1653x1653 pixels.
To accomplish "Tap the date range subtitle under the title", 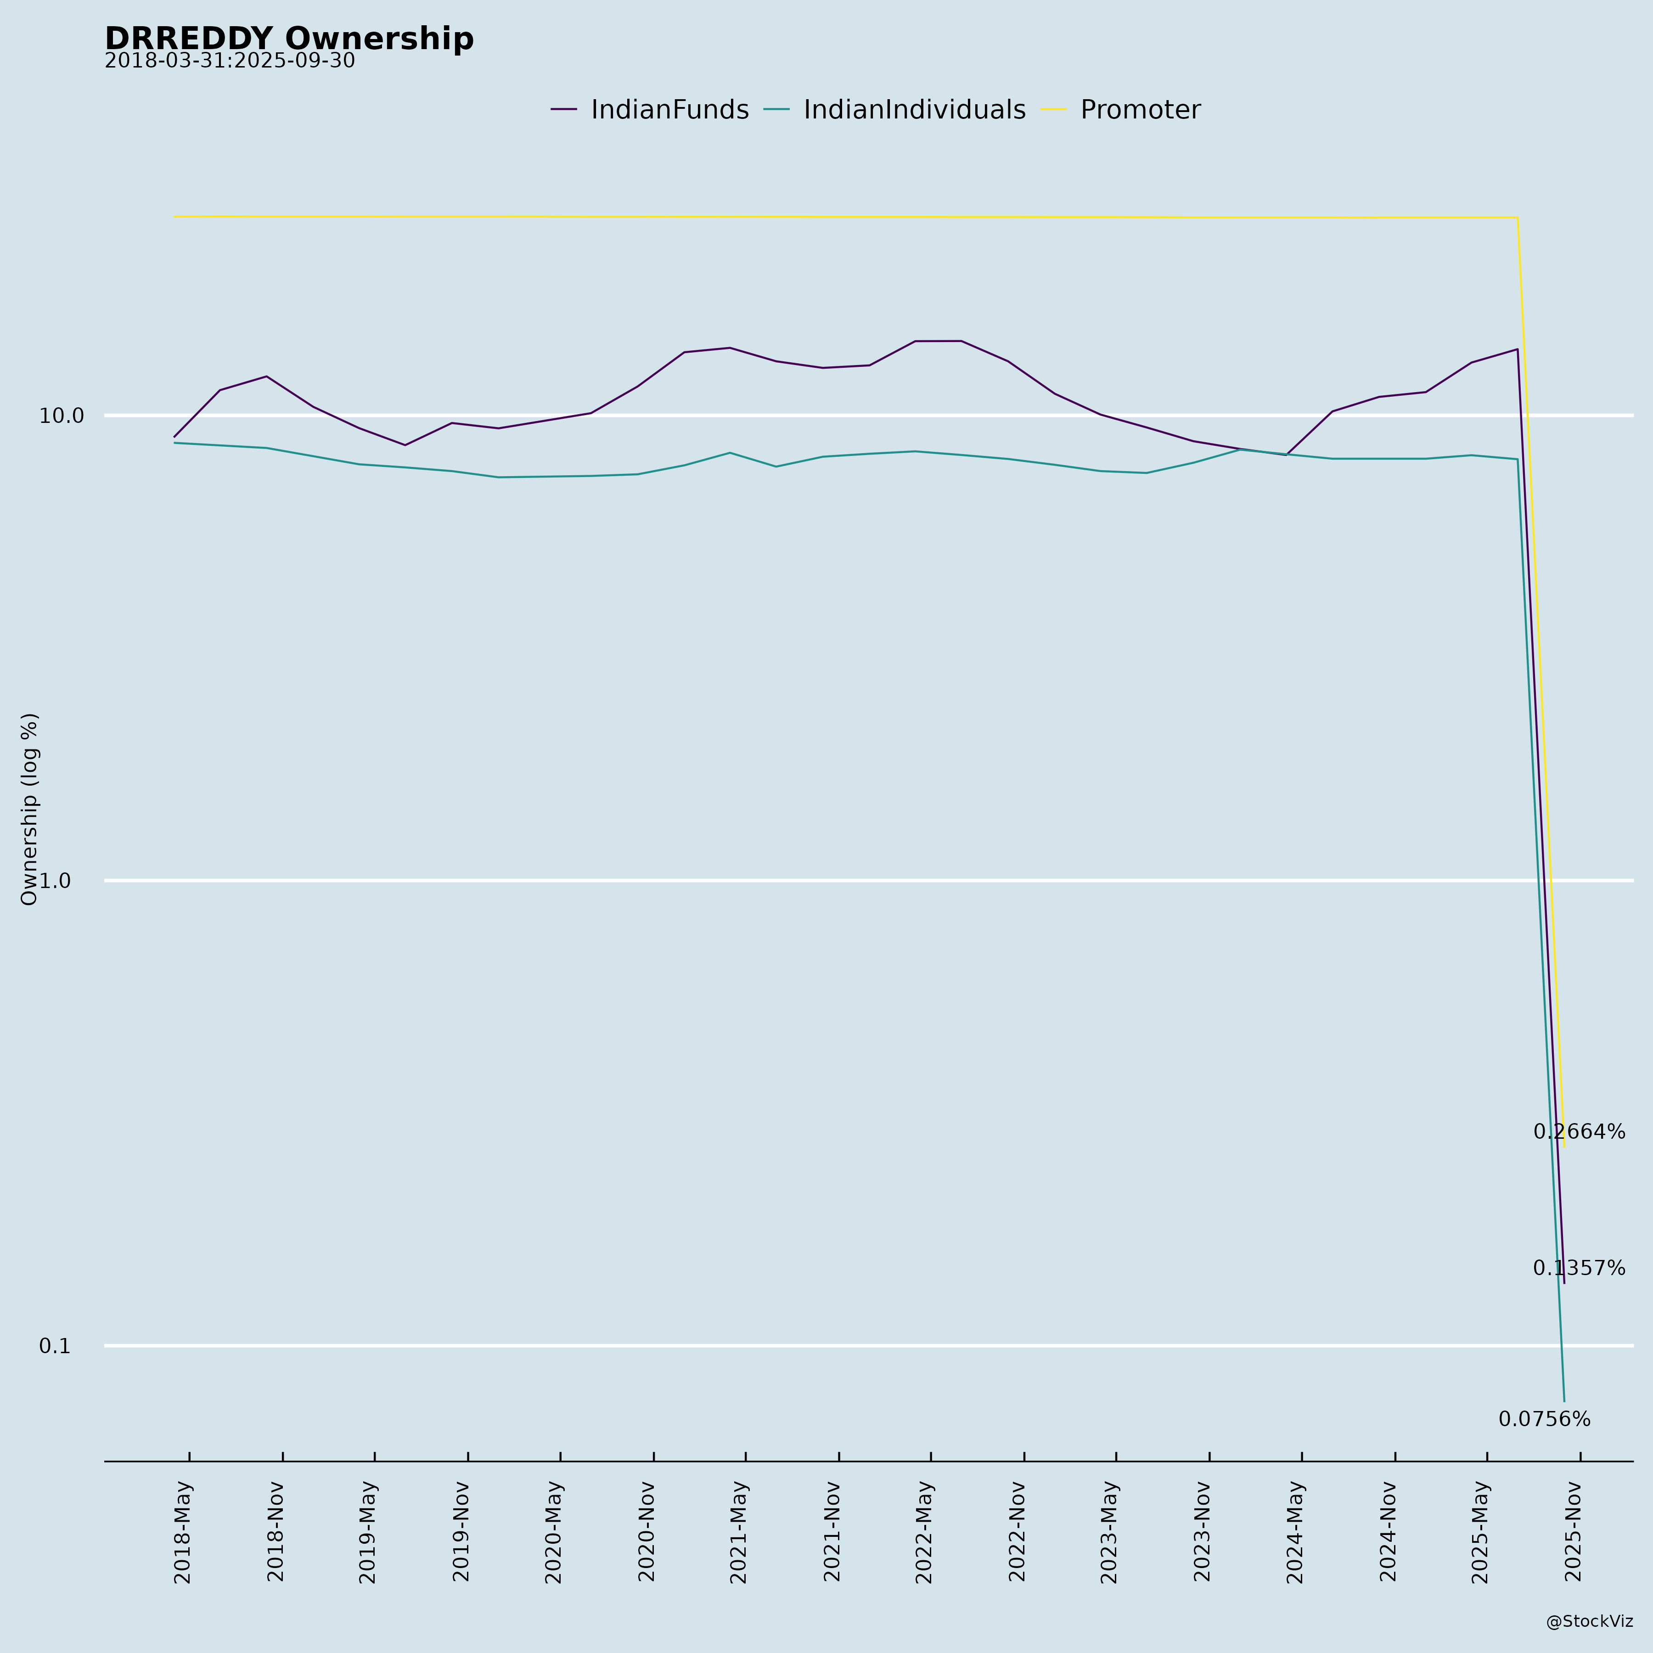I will pyautogui.click(x=229, y=62).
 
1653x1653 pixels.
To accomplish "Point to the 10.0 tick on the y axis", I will pyautogui.click(x=62, y=416).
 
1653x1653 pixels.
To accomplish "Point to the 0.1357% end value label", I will pyautogui.click(x=1579, y=1269).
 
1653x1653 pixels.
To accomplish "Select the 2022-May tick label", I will pyautogui.click(x=925, y=1531).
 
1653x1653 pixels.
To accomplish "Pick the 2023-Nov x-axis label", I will pyautogui.click(x=1203, y=1531).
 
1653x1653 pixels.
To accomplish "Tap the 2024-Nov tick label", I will pyautogui.click(x=1389, y=1531).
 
